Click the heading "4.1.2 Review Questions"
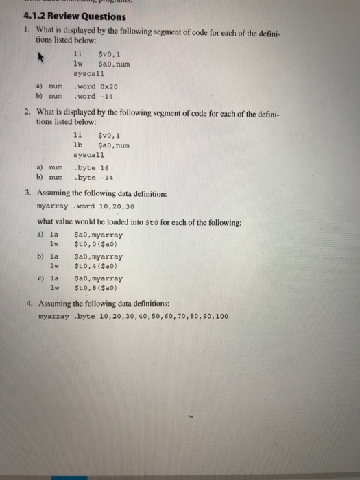tap(64, 16)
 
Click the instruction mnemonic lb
tap(77, 145)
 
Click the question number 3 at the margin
tap(28, 193)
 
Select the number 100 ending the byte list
tap(220, 316)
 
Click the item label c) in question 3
tap(39, 279)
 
